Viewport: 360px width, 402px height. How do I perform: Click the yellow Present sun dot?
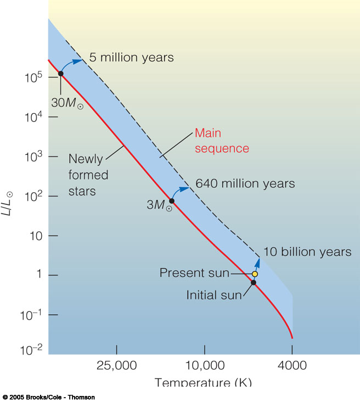255,273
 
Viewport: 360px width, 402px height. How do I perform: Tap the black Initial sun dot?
254,283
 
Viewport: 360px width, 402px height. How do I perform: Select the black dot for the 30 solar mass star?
60,73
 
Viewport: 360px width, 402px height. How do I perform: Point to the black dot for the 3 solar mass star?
171,201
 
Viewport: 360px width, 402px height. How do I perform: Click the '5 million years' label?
132,57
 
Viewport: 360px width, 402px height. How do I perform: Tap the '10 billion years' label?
307,252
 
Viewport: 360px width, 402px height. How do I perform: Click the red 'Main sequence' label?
222,141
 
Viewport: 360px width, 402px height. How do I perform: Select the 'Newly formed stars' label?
88,175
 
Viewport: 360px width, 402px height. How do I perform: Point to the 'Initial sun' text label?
214,295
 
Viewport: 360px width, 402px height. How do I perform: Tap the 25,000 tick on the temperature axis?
117,365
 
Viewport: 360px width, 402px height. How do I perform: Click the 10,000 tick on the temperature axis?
204,365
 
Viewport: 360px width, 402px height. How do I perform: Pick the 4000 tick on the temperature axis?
292,365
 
